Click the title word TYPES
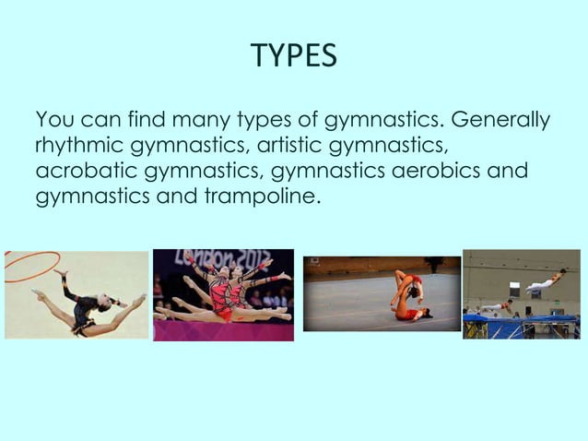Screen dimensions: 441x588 (294, 56)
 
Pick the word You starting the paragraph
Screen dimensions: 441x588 (52, 122)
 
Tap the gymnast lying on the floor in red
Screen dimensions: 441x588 (408, 313)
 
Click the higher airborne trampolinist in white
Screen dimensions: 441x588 (547, 279)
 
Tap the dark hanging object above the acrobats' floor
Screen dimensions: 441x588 (429, 265)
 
